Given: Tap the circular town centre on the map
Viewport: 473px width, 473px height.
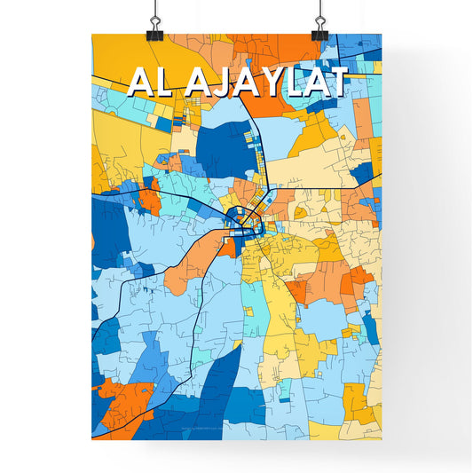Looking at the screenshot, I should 241,217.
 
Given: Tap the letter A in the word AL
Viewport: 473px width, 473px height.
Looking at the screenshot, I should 139,82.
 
